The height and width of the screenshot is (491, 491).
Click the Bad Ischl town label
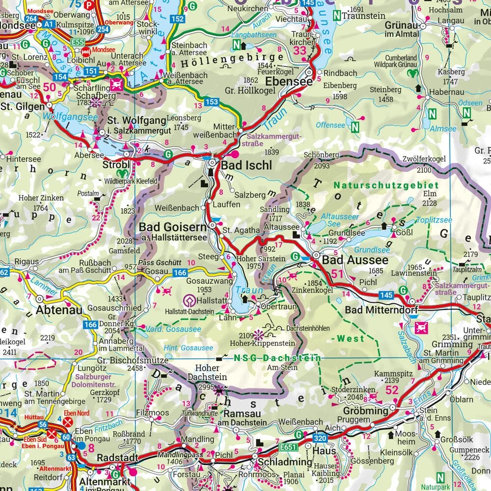(246, 165)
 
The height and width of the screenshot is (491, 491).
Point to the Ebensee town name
(289, 82)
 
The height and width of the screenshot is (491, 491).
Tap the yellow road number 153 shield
(212, 102)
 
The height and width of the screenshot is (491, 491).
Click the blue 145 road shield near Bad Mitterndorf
(386, 295)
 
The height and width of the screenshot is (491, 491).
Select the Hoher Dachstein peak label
(211, 372)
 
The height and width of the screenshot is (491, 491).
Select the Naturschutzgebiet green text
(386, 185)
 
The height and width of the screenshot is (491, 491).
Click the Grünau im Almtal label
(401, 28)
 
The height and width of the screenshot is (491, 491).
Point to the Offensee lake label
(330, 125)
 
